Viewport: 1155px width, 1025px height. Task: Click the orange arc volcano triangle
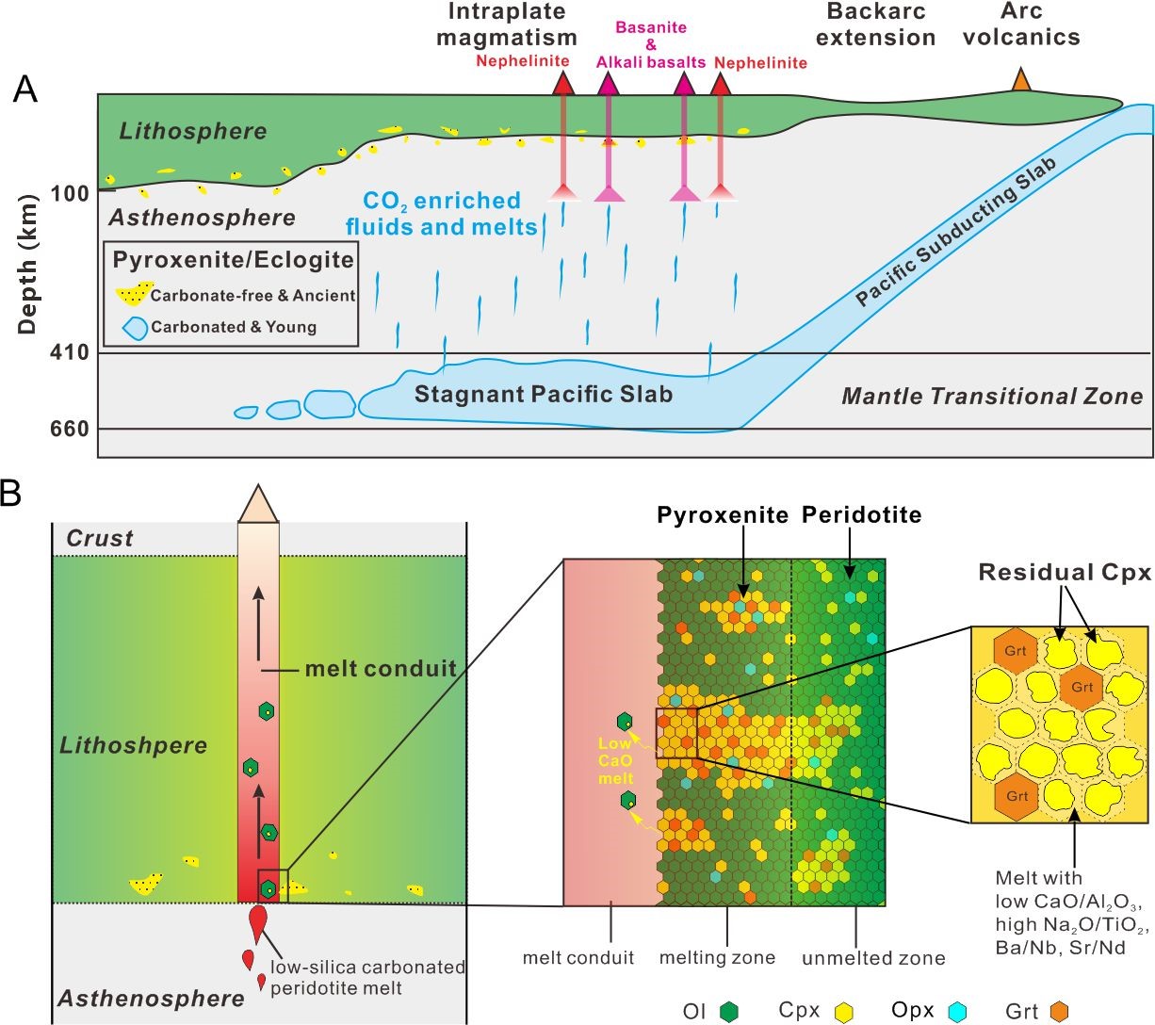[x=1020, y=80]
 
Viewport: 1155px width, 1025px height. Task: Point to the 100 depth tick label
[x=71, y=194]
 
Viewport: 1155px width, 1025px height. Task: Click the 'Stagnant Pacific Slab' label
[x=544, y=393]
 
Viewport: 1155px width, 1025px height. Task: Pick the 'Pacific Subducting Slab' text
[x=956, y=232]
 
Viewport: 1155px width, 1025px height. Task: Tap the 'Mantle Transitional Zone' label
[x=991, y=397]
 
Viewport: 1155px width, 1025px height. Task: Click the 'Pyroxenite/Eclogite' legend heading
[x=233, y=259]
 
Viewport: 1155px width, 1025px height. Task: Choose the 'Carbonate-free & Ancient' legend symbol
[x=134, y=294]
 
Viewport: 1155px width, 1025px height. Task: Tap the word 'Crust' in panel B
[x=99, y=538]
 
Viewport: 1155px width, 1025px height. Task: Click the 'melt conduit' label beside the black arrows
[x=380, y=669]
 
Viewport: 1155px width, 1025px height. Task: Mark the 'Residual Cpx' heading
[x=1065, y=572]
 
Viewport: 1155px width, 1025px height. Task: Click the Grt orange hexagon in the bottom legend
[x=1059, y=1012]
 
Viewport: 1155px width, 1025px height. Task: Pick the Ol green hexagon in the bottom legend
[x=728, y=1012]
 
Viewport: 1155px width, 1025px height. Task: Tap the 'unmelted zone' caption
[x=873, y=959]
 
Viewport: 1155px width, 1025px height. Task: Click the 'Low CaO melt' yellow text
[x=616, y=759]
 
